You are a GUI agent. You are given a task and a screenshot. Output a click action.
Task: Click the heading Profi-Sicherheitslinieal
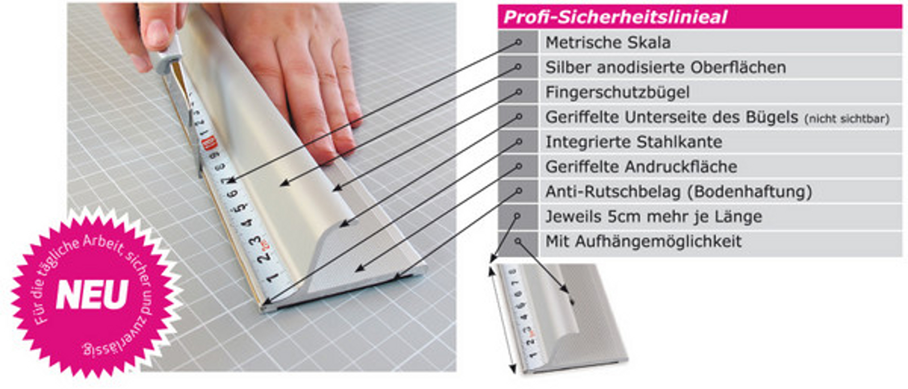615,17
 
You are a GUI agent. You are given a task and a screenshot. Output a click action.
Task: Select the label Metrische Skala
608,43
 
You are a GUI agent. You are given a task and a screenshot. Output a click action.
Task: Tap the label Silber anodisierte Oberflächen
666,68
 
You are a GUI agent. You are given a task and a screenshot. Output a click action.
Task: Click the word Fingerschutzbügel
617,93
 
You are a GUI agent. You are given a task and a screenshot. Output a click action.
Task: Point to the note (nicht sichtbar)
847,119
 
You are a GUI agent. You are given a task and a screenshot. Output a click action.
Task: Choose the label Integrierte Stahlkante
634,142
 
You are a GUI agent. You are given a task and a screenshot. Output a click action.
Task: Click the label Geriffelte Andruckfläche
641,167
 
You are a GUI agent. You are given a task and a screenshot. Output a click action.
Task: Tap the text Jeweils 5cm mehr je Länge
654,216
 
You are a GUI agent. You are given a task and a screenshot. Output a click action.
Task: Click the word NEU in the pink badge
92,295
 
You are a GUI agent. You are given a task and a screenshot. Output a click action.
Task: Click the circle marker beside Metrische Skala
519,42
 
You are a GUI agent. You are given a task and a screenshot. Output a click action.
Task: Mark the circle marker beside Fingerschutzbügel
519,92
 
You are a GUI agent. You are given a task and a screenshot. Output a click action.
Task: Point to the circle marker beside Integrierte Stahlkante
519,141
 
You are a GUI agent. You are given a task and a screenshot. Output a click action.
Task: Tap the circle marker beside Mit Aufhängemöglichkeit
517,241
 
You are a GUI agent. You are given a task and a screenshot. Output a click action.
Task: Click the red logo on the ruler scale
209,143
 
